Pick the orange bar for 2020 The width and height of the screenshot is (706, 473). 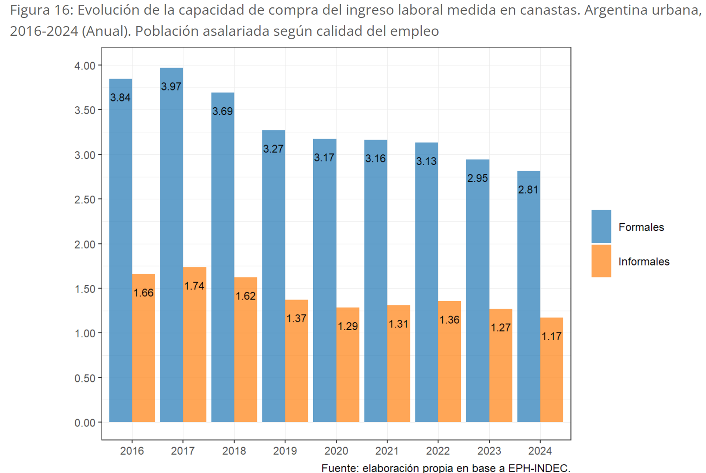[x=347, y=364]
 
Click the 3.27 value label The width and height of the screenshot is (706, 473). [x=273, y=149]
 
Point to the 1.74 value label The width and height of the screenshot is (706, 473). [x=194, y=286]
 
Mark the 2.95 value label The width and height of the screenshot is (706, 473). [x=477, y=178]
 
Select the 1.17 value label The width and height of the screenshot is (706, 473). [x=552, y=336]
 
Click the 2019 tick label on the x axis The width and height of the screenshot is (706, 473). [x=285, y=451]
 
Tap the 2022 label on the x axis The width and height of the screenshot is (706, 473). [x=438, y=451]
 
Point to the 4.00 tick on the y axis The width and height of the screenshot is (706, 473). [x=85, y=66]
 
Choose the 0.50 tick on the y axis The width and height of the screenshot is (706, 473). [x=85, y=378]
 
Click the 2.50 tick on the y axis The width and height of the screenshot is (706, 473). [x=85, y=200]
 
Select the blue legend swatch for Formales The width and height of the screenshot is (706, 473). [x=601, y=226]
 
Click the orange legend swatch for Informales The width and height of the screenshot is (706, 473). [x=601, y=261]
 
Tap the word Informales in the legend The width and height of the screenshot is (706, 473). [x=644, y=262]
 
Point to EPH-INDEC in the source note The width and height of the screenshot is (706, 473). [x=539, y=468]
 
